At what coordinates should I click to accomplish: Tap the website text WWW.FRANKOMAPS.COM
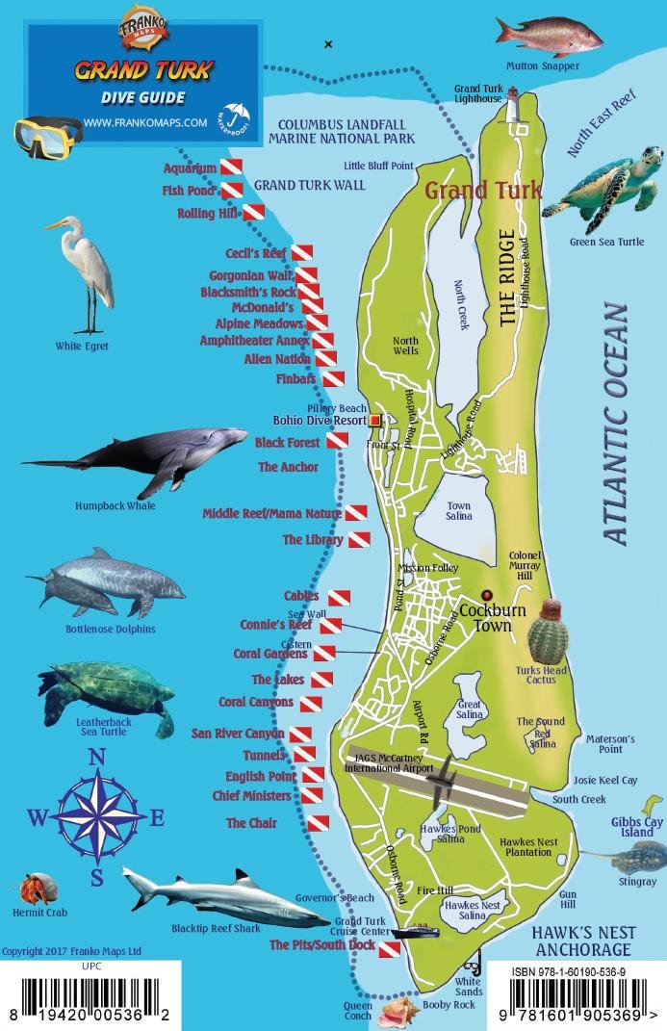point(145,122)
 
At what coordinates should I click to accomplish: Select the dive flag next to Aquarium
point(231,168)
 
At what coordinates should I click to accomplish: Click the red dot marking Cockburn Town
point(486,595)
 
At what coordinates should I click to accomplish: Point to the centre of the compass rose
point(96,818)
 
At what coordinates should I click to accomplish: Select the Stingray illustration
point(626,856)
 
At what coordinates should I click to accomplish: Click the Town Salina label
point(458,512)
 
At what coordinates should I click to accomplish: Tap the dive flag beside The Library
point(358,540)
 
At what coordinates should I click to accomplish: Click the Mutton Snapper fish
point(549,37)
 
